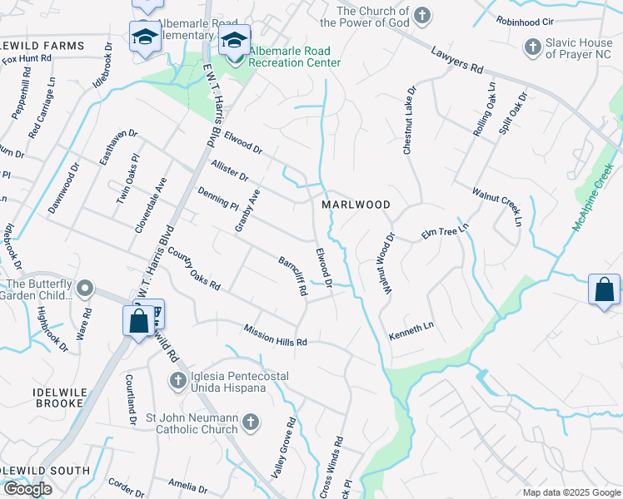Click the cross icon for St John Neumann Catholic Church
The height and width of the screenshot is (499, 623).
[x=249, y=423]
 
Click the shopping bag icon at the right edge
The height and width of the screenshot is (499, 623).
[x=604, y=290]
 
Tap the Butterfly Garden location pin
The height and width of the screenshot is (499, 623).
[x=84, y=289]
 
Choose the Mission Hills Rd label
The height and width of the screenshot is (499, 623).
[x=276, y=335]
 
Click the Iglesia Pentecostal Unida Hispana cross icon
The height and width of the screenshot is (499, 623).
[x=177, y=382]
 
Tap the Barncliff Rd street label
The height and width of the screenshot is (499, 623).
[x=293, y=277]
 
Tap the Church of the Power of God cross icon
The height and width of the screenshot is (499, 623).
[x=423, y=16]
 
